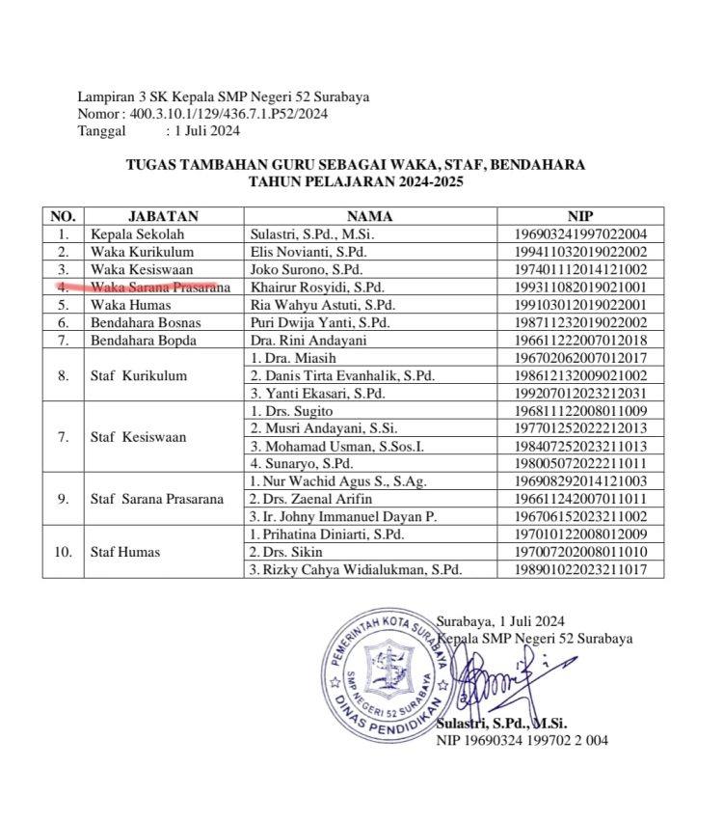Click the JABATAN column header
point(163,217)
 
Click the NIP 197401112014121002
point(581,269)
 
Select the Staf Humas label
point(125,552)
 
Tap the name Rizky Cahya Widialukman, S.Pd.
point(355,570)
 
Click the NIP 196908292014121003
point(581,481)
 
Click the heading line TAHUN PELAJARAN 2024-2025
point(355,180)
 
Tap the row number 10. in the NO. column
point(63,552)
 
